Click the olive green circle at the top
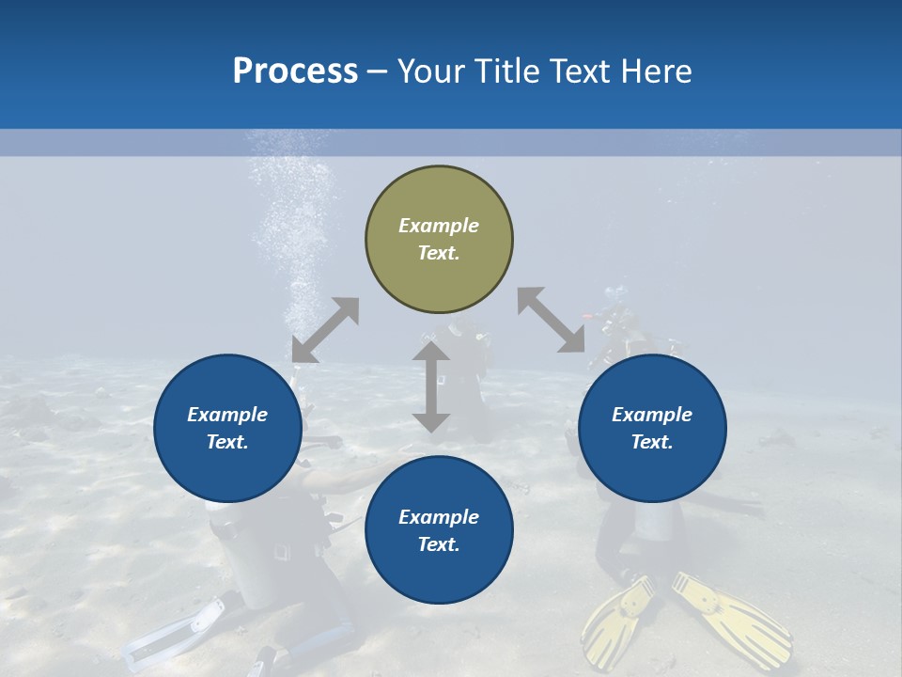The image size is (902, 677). tap(439, 240)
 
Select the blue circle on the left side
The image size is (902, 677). tap(227, 428)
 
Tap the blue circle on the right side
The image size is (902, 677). tap(652, 428)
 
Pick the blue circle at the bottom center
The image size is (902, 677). tap(439, 530)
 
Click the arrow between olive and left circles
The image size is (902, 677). tap(325, 330)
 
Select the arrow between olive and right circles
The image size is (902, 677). tap(551, 320)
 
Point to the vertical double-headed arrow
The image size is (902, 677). tap(431, 386)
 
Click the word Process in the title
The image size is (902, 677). tap(295, 71)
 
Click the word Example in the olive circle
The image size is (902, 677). tap(439, 226)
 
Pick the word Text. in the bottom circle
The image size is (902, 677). tap(439, 544)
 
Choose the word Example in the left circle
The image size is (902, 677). tap(227, 415)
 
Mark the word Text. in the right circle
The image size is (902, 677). tap(652, 442)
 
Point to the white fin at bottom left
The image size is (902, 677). tap(174, 636)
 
